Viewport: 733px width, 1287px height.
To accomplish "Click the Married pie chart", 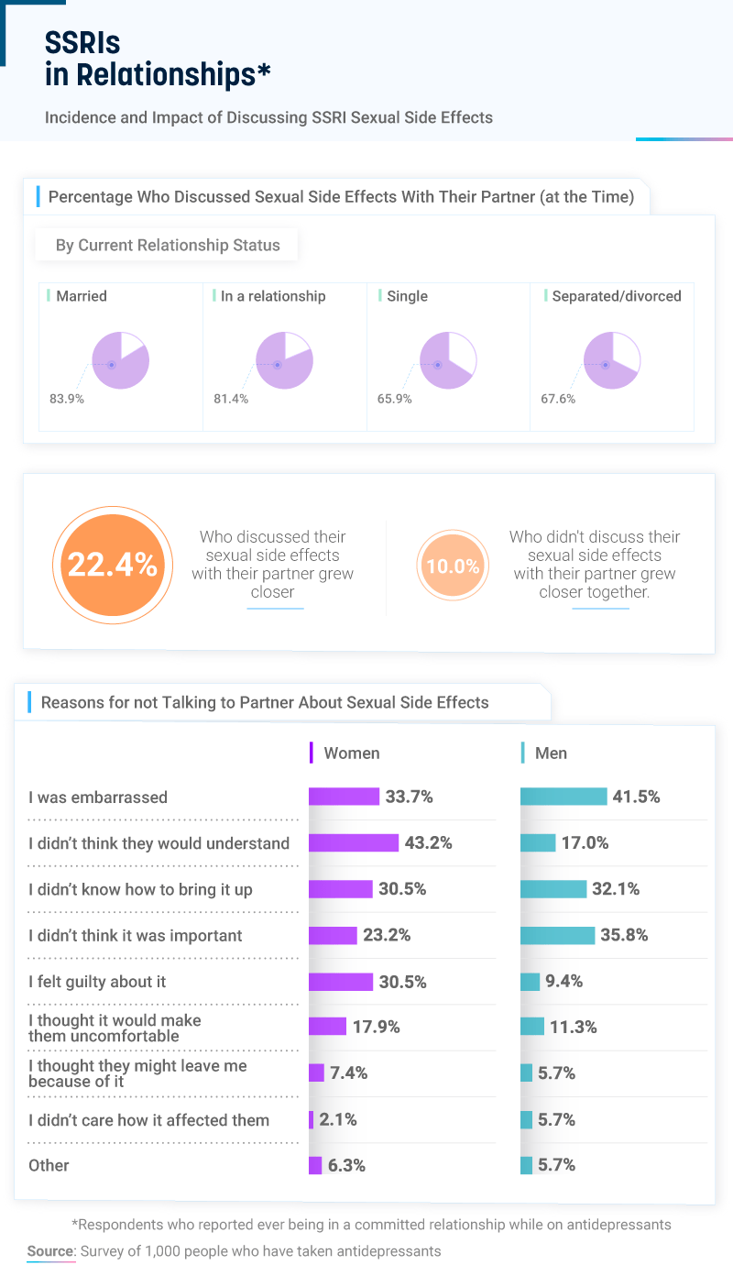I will coord(121,360).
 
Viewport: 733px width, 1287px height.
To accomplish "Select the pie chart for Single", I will coord(447,360).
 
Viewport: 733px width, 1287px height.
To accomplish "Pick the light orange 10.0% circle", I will coord(453,566).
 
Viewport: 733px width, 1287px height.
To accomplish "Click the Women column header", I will coord(352,753).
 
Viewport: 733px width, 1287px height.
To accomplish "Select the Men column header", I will coord(551,753).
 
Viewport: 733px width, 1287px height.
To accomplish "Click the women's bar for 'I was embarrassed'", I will coord(344,797).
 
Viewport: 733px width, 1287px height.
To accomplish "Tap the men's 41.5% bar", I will coord(563,797).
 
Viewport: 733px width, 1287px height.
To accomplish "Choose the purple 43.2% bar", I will coord(354,842).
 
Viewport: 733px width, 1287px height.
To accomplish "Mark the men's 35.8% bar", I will coord(557,935).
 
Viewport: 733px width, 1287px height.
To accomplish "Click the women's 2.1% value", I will coord(338,1119).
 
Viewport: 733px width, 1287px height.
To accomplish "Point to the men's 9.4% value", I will coord(564,982).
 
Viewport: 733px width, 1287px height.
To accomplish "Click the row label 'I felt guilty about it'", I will coord(97,982).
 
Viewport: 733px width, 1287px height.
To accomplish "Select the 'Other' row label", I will coord(49,1165).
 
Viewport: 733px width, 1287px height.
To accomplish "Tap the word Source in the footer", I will coord(50,1250).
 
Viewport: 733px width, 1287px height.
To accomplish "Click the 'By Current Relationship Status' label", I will coord(168,245).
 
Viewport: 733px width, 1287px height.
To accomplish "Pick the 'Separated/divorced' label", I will coord(617,296).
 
